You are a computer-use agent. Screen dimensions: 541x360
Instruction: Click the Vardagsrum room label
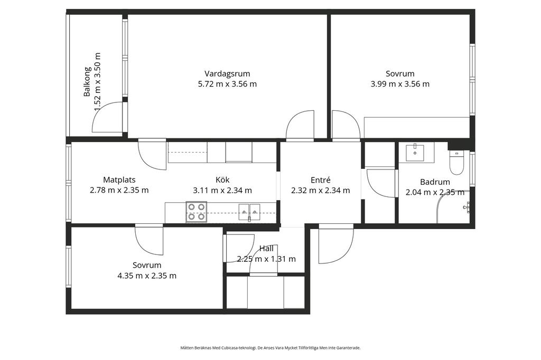click(227, 74)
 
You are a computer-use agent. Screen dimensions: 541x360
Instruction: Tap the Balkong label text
click(87, 82)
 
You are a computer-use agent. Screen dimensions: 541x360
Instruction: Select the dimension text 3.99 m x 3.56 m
click(400, 84)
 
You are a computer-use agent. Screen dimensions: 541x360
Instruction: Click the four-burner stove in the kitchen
click(197, 212)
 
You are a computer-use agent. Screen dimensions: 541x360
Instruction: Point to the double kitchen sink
click(249, 212)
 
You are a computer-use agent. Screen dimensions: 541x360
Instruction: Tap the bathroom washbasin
click(415, 153)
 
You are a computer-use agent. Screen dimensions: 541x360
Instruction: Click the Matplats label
click(119, 179)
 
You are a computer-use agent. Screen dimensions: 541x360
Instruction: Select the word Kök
click(222, 179)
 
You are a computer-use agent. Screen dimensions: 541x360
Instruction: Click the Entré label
click(321, 180)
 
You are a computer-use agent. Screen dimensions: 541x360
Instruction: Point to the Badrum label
click(435, 182)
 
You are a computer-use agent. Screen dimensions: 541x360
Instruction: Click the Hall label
click(266, 249)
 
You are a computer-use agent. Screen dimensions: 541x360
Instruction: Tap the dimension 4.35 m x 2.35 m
click(147, 276)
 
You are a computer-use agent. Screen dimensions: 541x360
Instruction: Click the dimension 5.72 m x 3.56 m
click(227, 84)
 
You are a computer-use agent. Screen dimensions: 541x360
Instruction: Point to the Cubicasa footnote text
click(270, 348)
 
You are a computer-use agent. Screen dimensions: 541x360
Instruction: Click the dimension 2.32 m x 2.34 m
click(321, 191)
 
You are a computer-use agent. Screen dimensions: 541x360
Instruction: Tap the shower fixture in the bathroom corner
click(466, 207)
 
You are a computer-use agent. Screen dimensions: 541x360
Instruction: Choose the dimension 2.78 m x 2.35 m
click(119, 191)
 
